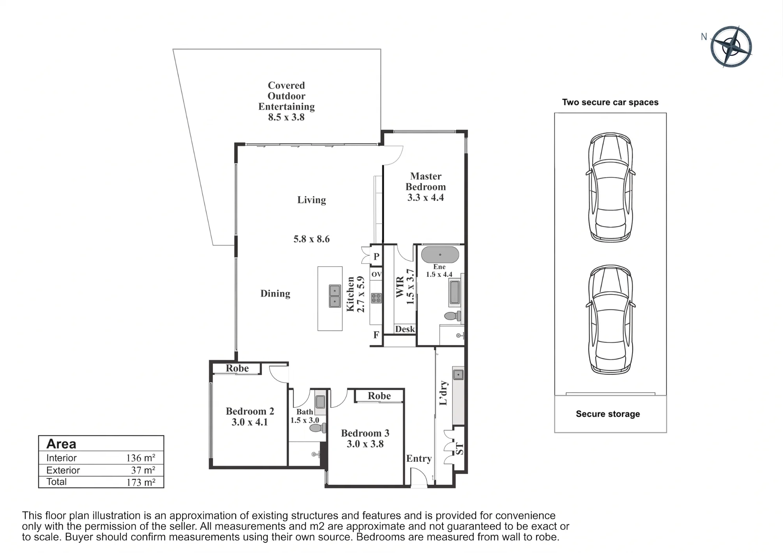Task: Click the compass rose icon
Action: [731, 47]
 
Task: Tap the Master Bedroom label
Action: [426, 181]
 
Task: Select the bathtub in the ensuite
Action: [440, 255]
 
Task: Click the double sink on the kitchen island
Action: [335, 296]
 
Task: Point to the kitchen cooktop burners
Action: [376, 298]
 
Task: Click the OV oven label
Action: [377, 274]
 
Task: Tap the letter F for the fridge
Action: [376, 335]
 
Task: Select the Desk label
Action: [405, 329]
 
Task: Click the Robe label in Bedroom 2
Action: [237, 368]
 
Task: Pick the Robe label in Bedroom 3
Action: [379, 396]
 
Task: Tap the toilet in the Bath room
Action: [318, 428]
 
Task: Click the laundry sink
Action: [458, 375]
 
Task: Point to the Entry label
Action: [419, 459]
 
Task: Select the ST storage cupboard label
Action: [460, 449]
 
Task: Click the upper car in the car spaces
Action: [610, 187]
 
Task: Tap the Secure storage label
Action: [608, 414]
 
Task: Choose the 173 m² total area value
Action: [141, 482]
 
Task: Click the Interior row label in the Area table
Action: [61, 458]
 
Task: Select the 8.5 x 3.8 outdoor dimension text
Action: [286, 117]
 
